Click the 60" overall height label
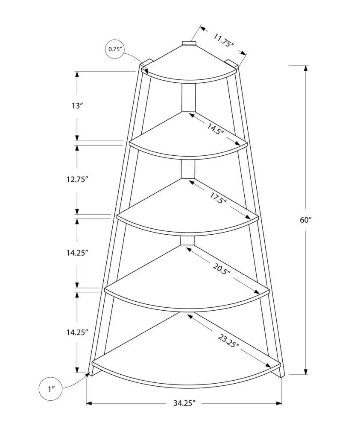[305, 220]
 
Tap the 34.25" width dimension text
[184, 403]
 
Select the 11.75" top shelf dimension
[223, 40]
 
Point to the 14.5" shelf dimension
[215, 128]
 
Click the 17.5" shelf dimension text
[218, 198]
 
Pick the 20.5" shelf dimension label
[221, 269]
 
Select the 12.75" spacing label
[77, 179]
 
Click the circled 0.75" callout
[115, 50]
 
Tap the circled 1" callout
[51, 389]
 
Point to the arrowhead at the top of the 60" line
[306, 69]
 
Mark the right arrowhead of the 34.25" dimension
[278, 403]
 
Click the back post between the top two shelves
[188, 98]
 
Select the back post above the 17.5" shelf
[188, 169]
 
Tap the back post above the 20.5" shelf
[187, 241]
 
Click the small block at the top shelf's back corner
[189, 43]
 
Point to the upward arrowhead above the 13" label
[77, 75]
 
